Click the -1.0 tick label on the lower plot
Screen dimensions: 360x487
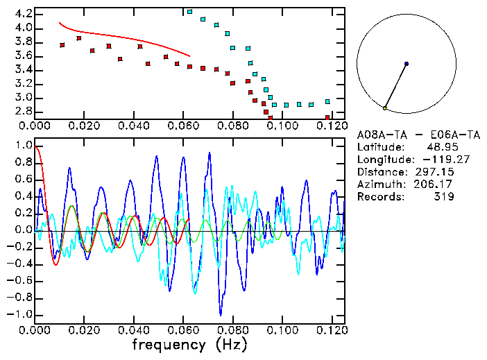[x=19, y=314]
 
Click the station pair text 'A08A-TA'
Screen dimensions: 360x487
[x=379, y=135]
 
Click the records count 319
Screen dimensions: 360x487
[x=444, y=197]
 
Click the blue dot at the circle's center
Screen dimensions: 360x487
[x=407, y=64]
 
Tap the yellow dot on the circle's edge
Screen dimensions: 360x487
[x=384, y=108]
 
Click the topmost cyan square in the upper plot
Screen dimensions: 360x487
[x=189, y=12]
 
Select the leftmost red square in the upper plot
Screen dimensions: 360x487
[x=62, y=45]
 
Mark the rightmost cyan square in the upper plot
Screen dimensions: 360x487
[x=327, y=102]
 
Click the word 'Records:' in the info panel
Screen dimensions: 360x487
[x=379, y=197]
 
